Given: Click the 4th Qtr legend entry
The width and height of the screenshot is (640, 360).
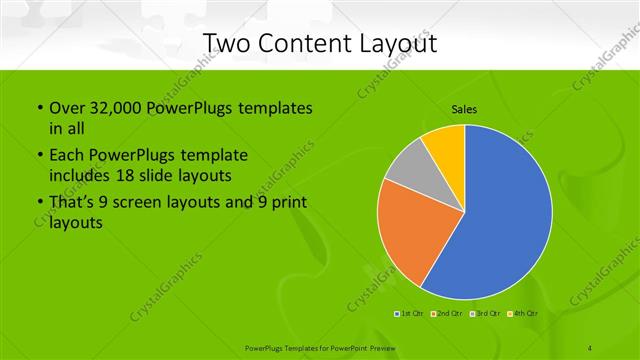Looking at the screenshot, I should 523,314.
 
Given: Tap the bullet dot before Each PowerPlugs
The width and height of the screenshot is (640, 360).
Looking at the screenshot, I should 39,156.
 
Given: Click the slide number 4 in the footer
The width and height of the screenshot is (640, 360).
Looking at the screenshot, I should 590,348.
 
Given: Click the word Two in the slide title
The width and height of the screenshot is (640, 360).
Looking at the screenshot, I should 226,43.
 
